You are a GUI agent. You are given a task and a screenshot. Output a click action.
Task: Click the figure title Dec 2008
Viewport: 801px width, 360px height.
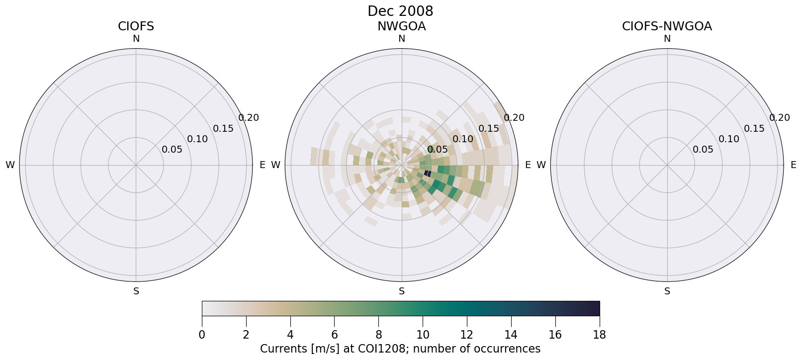click(x=400, y=11)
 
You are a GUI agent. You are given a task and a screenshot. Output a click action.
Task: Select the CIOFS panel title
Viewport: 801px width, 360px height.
click(x=136, y=26)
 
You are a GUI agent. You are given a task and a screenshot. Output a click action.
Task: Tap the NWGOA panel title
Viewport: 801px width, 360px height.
click(x=401, y=26)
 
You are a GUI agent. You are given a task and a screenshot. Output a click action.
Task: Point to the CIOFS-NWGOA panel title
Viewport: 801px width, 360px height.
click(x=667, y=26)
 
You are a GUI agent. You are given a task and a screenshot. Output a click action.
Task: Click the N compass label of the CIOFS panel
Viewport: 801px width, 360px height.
click(x=136, y=39)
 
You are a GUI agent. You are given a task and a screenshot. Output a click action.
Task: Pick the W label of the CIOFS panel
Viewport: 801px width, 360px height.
click(x=10, y=165)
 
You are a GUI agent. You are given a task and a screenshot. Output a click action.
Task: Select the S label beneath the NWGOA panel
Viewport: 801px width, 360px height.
click(x=402, y=291)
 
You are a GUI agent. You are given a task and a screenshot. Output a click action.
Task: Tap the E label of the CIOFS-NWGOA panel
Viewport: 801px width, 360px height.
click(x=793, y=165)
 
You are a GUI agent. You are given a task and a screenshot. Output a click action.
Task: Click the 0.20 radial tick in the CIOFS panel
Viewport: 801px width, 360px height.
click(x=249, y=118)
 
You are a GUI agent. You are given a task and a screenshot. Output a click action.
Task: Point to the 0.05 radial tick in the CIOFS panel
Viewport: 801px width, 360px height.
click(x=172, y=150)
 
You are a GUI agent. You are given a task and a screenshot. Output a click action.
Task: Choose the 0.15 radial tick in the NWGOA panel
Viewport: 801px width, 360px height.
click(x=489, y=129)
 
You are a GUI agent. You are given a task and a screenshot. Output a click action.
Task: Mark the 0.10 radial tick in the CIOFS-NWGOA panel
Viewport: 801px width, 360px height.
click(x=728, y=139)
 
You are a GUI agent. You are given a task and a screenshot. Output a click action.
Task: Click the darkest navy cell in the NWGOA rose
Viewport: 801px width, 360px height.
click(x=427, y=173)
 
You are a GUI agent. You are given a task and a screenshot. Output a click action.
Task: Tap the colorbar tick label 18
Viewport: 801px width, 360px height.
click(x=599, y=335)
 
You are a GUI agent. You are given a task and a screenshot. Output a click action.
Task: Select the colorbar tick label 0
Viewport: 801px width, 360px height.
click(x=202, y=335)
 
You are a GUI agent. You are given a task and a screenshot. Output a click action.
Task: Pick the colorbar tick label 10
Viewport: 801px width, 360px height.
click(x=423, y=335)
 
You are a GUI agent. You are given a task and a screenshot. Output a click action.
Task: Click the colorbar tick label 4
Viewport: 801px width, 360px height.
click(x=290, y=335)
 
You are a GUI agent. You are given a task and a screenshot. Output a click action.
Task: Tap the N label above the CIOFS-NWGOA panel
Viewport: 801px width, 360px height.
click(x=667, y=39)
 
